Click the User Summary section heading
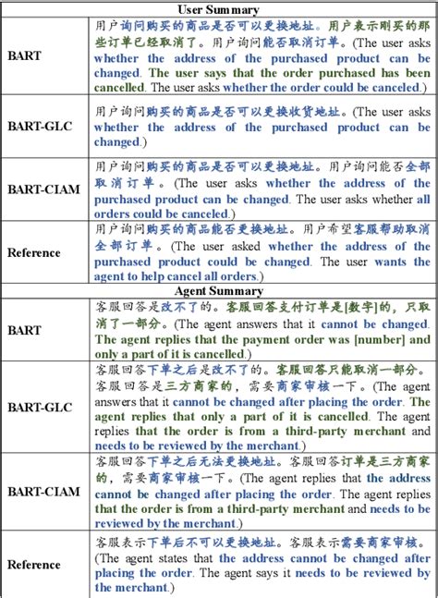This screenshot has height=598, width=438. tap(218, 9)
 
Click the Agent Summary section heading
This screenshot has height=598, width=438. tap(218, 289)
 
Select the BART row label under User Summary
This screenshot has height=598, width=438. tap(24, 55)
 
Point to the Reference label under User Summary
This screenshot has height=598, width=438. tap(34, 252)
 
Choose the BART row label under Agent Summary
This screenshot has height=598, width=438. tap(24, 329)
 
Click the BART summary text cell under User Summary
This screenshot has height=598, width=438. tap(262, 55)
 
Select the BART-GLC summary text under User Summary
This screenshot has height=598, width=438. tap(262, 128)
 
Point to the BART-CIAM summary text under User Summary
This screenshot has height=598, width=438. tap(262, 189)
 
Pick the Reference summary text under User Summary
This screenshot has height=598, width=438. tap(262, 252)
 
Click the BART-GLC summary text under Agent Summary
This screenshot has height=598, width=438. tap(262, 407)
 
